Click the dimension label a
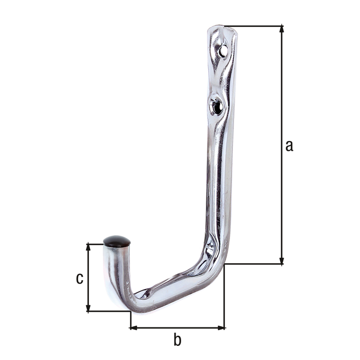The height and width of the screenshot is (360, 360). [x=289, y=146]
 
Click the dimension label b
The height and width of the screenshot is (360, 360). [x=177, y=340]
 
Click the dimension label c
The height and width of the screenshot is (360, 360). [x=80, y=278]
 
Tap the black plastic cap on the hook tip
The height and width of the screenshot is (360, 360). [x=117, y=241]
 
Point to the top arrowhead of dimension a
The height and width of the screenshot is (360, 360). [x=282, y=29]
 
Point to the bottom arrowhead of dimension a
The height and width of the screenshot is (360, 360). [x=282, y=261]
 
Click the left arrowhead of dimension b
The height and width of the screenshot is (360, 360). [x=134, y=328]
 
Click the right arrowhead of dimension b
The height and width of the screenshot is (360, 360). [x=221, y=328]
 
